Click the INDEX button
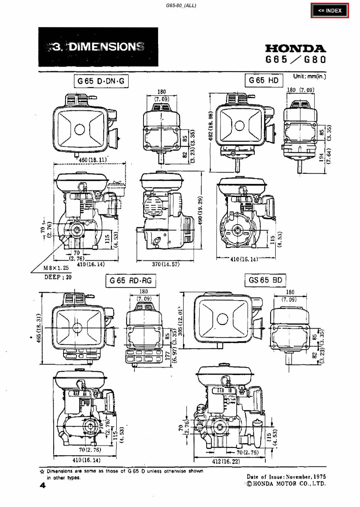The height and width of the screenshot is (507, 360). pos(330,11)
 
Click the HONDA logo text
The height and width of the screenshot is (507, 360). pos(296,48)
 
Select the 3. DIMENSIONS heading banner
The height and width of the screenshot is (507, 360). pos(98,47)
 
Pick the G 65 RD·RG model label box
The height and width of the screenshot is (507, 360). pos(131,281)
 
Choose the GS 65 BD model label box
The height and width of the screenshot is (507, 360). pos(265,280)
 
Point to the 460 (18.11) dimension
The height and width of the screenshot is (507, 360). pos(93,160)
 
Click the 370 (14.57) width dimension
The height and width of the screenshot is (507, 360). pos(166,265)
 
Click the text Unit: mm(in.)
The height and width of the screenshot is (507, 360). pos(310,76)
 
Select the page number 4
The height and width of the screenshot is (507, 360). pos(43,485)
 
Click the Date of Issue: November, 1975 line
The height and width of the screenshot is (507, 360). pos(286,477)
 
